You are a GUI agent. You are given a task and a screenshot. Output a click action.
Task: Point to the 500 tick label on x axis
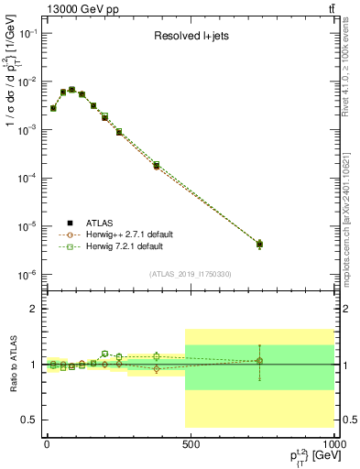point(191,442)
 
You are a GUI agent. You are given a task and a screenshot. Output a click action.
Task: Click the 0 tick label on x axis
point(46,442)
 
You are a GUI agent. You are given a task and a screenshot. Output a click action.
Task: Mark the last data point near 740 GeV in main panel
point(259,245)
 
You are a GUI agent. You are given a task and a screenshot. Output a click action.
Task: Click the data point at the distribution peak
point(72,90)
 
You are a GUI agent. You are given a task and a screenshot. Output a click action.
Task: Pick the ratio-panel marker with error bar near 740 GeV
point(259,361)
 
